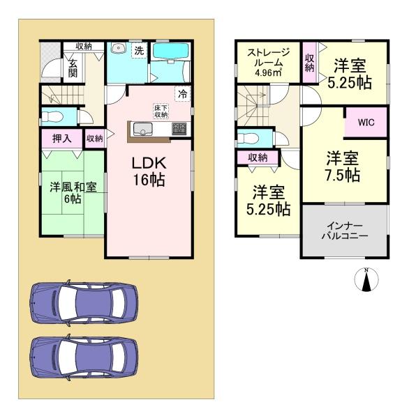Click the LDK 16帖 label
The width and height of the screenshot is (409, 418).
pos(149,171)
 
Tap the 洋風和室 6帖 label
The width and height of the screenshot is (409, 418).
pos(73,193)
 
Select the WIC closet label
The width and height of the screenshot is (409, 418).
pos(366,123)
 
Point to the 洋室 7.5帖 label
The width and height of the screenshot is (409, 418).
pos(343,167)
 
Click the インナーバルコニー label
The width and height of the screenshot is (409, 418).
pos(345,231)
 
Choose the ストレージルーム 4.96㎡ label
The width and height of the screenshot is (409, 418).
pos(268,62)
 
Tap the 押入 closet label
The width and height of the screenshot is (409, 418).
pos(61,139)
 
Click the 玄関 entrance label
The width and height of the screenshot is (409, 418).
pos(72,68)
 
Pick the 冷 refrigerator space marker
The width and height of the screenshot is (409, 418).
pos(183,94)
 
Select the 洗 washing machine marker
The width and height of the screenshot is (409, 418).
pos(139,50)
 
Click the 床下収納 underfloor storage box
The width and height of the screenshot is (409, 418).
pos(161,111)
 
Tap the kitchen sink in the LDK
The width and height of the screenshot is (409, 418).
pos(143,129)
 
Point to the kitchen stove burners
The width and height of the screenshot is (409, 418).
pos(179,129)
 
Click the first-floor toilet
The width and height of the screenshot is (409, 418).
pos(52,116)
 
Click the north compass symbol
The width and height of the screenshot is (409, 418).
pos(366,279)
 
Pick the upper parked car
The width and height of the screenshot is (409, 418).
pos(84,303)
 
